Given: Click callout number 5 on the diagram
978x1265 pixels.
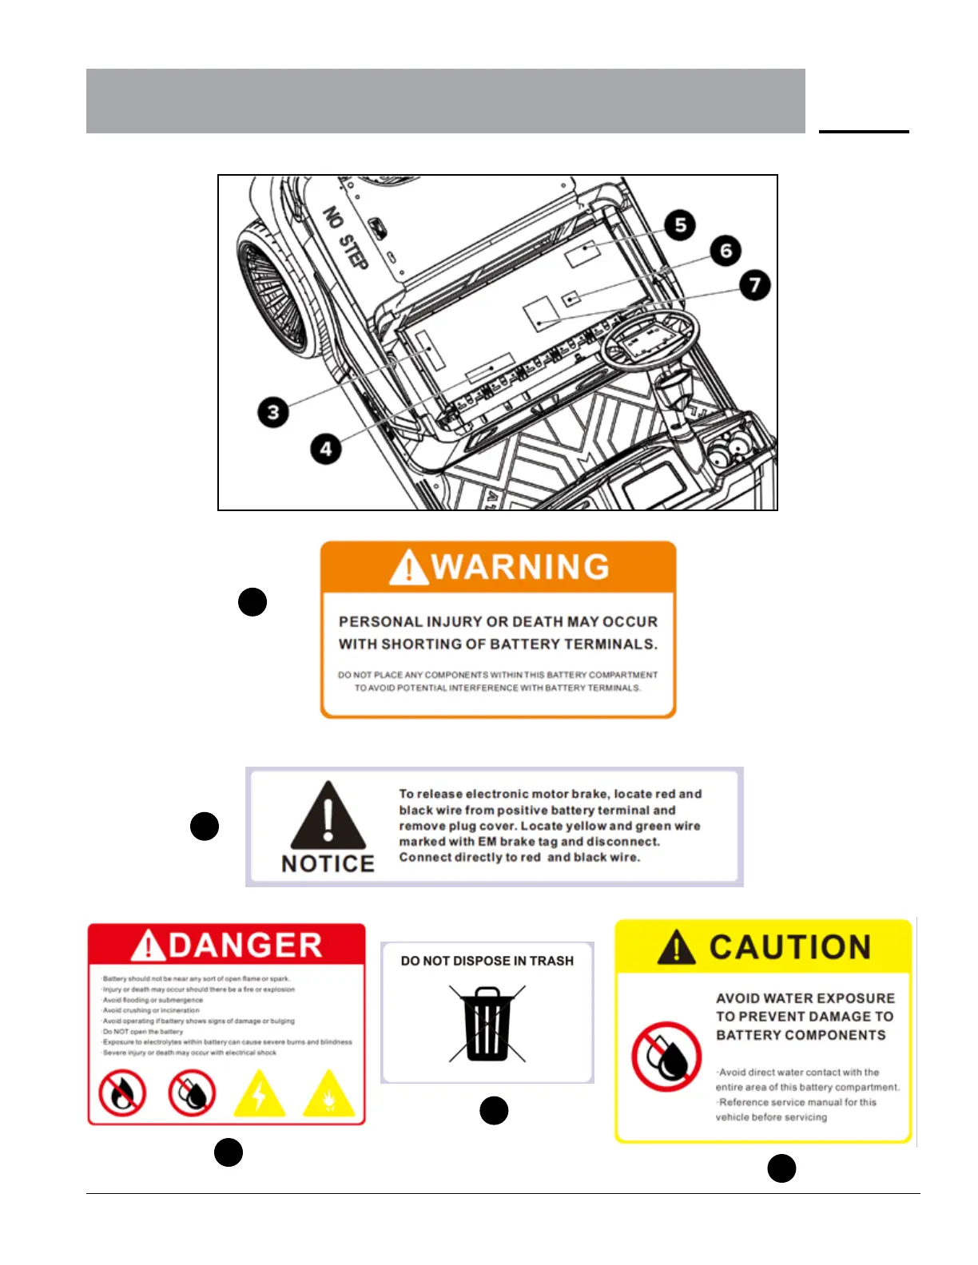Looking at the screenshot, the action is click(x=680, y=225).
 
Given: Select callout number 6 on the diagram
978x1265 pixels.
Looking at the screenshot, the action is click(x=726, y=251).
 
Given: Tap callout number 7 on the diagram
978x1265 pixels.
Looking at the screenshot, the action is click(x=754, y=285).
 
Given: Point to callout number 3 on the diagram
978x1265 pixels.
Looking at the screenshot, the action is click(x=273, y=412).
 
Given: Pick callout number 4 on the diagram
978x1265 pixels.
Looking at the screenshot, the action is click(x=325, y=449).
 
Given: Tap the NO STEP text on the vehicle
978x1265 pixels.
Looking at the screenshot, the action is click(x=345, y=237).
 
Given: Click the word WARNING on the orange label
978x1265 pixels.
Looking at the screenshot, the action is click(x=520, y=567).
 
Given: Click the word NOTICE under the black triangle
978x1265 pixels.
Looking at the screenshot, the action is click(x=328, y=864).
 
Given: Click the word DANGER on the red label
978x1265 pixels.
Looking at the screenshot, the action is click(x=245, y=946).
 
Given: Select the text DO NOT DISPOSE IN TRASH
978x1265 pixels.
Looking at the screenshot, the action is click(x=487, y=961).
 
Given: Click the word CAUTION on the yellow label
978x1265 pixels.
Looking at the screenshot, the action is click(x=789, y=947).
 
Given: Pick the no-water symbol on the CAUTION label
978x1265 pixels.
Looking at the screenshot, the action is click(x=666, y=1057).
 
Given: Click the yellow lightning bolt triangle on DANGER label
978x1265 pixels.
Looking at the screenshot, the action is click(x=259, y=1093).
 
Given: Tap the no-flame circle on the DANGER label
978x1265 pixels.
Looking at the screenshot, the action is click(x=122, y=1093).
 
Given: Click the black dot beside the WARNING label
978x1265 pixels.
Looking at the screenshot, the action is click(x=252, y=602).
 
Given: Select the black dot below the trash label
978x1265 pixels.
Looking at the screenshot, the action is click(x=494, y=1111).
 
